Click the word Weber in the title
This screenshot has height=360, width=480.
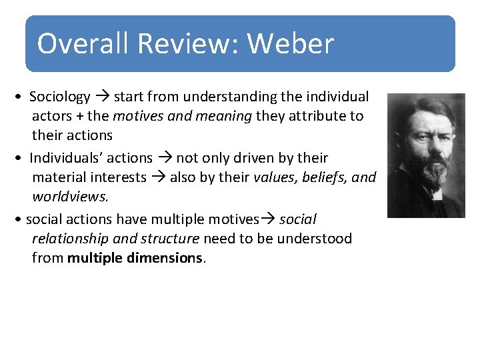point(290,44)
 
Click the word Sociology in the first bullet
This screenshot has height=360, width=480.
point(60,97)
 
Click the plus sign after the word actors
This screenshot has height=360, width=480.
point(79,116)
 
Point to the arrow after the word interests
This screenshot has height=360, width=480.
point(159,177)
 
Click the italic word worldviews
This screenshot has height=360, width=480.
point(70,197)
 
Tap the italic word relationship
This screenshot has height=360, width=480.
point(70,239)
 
